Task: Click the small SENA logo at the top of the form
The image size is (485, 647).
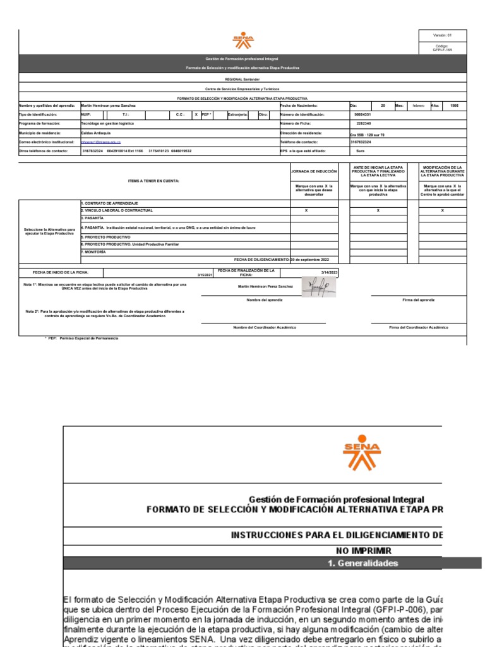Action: click(x=243, y=42)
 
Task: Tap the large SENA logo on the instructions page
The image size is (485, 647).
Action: click(x=362, y=454)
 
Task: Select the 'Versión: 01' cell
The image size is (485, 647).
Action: click(x=442, y=35)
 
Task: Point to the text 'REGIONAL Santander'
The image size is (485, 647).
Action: click(x=242, y=80)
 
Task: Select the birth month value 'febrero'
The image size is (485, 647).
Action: click(x=419, y=106)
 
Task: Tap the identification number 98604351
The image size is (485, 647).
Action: click(x=363, y=114)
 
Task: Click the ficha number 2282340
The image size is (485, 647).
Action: click(x=364, y=124)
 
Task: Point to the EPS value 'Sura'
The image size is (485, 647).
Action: click(x=361, y=152)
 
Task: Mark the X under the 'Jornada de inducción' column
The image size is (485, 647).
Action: click(x=306, y=210)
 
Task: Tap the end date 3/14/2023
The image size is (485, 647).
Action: click(x=330, y=272)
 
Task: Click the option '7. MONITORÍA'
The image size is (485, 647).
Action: click(x=93, y=251)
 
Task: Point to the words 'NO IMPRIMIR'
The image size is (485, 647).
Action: click(x=363, y=550)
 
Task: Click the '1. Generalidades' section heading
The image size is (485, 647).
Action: click(x=362, y=562)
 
